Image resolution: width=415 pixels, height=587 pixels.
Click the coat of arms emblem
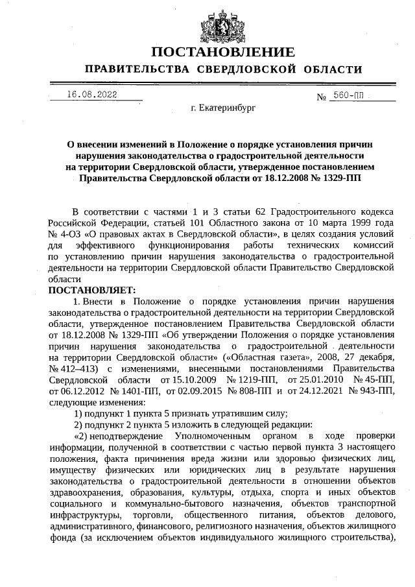pyautogui.click(x=222, y=24)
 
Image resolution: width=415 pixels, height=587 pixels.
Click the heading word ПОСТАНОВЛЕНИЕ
pyautogui.click(x=224, y=52)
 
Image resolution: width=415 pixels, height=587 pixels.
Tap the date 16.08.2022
pyautogui.click(x=92, y=95)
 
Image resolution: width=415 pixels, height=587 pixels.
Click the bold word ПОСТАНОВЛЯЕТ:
pyautogui.click(x=91, y=289)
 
